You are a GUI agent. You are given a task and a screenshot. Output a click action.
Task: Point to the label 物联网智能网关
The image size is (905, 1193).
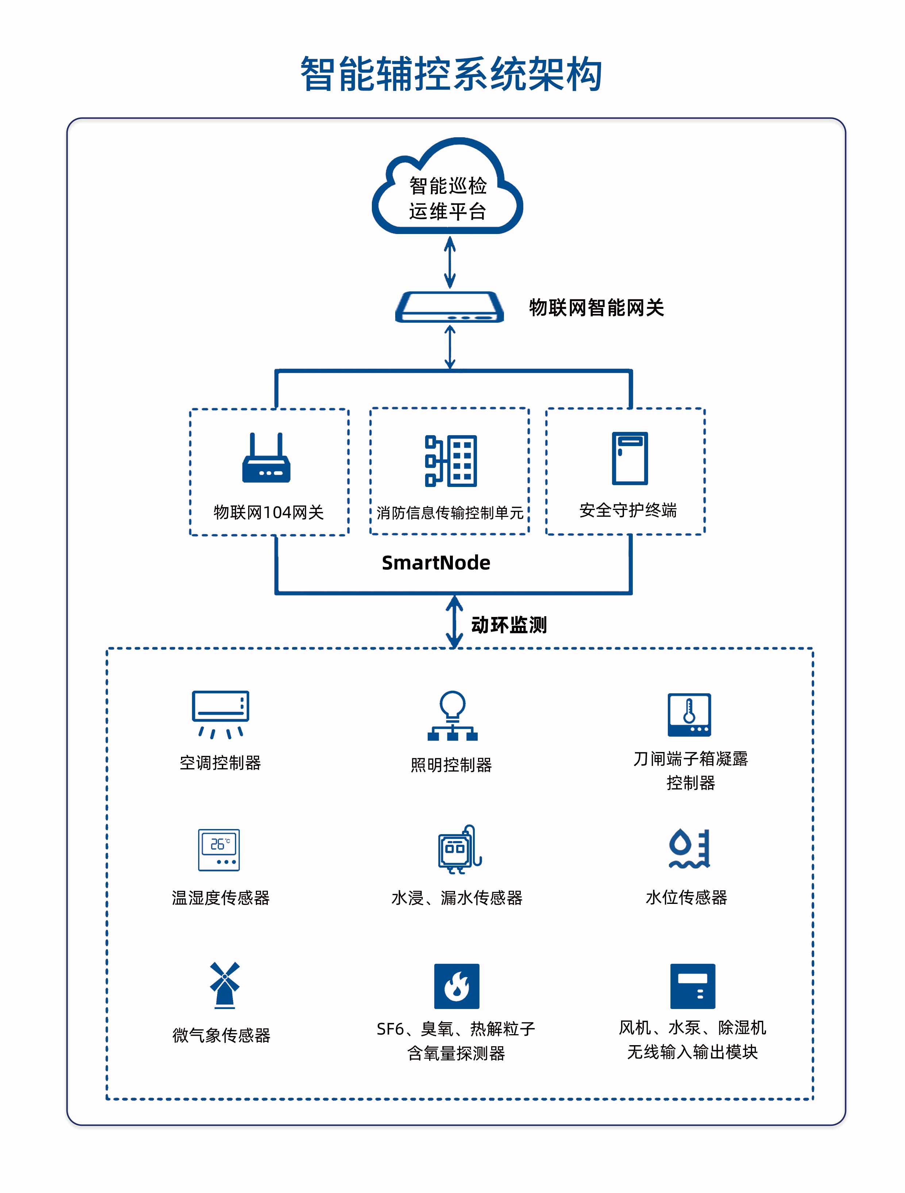[596, 308]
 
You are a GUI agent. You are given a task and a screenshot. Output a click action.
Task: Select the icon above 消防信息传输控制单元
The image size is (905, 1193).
[451, 461]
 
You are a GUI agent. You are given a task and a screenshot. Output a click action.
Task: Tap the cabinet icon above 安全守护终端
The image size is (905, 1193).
[629, 459]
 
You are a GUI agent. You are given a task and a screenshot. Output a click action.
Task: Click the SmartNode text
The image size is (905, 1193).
[436, 563]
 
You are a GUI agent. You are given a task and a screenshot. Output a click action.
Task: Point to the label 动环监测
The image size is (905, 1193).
[509, 625]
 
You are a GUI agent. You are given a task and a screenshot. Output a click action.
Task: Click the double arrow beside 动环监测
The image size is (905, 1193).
[454, 621]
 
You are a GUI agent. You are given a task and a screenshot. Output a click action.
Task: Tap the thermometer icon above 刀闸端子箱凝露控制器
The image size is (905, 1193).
[689, 715]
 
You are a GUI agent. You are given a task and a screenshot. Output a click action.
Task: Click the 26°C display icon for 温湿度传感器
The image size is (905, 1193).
[219, 850]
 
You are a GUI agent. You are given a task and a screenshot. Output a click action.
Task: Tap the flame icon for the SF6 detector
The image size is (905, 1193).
[457, 986]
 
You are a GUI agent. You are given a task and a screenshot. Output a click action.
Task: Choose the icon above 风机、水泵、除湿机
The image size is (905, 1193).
[692, 986]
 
